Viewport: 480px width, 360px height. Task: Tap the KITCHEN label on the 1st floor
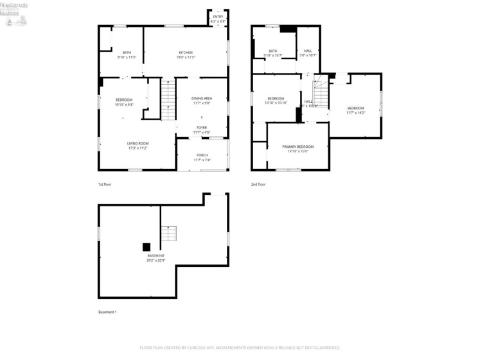click(x=186, y=52)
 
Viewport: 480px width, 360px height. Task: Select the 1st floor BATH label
click(x=127, y=52)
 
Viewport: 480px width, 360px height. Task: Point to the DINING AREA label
click(x=202, y=98)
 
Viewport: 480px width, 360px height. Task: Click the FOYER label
click(x=202, y=127)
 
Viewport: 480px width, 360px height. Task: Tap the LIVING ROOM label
click(x=137, y=143)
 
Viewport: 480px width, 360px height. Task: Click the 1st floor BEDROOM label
click(x=124, y=100)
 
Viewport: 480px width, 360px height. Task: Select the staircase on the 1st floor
click(x=168, y=99)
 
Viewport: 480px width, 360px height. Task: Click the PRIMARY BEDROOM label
click(x=298, y=147)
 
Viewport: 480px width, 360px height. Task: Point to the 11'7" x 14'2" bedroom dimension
click(x=355, y=113)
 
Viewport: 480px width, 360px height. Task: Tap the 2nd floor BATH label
click(x=273, y=51)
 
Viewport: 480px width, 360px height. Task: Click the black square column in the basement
click(x=146, y=246)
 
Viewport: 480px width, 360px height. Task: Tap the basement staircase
click(x=168, y=233)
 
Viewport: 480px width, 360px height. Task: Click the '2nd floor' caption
click(x=258, y=184)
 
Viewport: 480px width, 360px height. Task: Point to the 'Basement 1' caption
click(x=107, y=312)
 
